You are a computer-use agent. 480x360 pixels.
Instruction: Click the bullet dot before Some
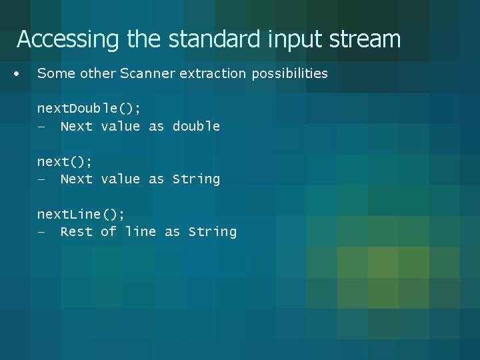17,73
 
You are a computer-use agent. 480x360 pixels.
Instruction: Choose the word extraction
213,73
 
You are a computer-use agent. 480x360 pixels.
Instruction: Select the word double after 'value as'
196,126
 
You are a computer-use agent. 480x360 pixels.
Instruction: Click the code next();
65,161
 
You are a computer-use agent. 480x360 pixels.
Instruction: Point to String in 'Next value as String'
196,179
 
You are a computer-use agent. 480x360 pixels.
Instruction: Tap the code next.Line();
81,214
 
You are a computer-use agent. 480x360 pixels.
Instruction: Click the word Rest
76,231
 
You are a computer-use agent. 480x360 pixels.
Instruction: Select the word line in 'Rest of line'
140,231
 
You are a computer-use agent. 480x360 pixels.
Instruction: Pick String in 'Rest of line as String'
213,231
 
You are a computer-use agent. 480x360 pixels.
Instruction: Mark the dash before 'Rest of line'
41,232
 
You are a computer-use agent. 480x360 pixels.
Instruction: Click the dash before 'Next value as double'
41,127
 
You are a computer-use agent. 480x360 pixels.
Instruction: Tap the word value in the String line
121,179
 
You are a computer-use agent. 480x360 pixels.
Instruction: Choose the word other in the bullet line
97,73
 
